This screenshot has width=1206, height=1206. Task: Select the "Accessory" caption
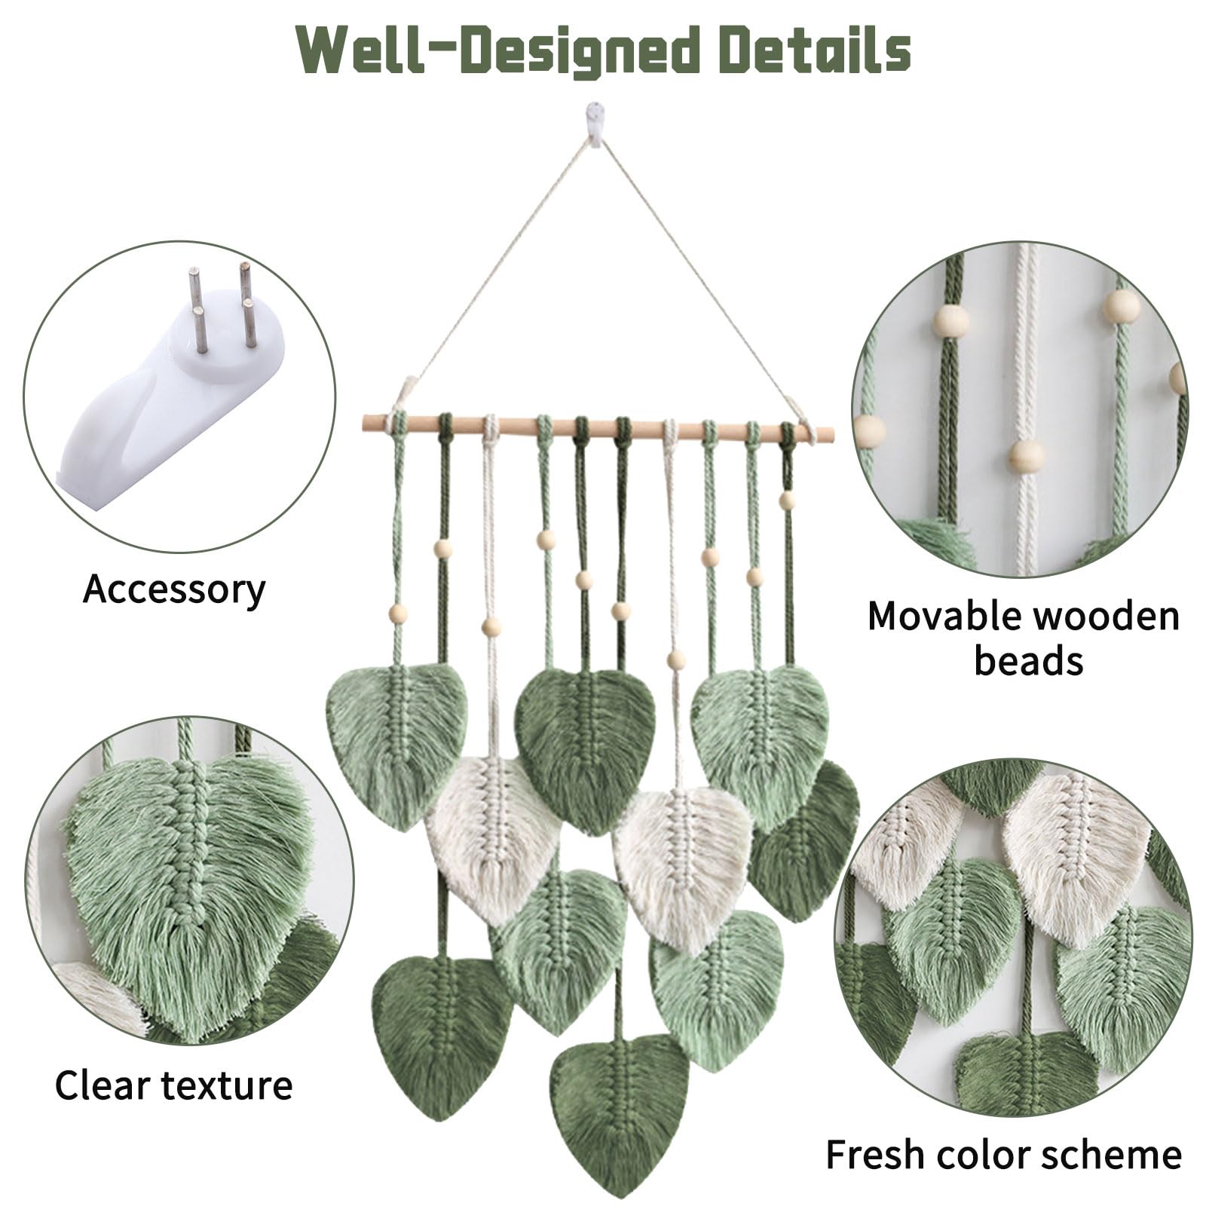(x=174, y=589)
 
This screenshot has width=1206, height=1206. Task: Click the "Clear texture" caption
(x=173, y=1086)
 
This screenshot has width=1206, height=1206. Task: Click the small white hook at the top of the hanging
(x=595, y=124)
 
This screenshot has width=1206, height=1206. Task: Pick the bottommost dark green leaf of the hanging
(x=620, y=1108)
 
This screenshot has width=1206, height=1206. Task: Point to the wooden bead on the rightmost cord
(x=787, y=500)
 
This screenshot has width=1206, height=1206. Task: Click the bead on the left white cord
(x=491, y=626)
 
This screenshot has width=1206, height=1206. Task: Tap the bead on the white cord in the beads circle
(x=1027, y=457)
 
